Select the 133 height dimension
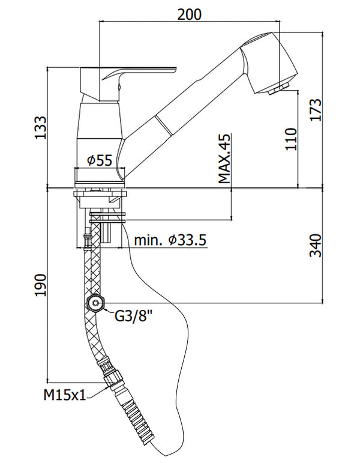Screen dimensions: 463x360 pos(40,127)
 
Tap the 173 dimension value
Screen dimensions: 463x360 pos(316,110)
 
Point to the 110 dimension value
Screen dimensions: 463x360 pos(292,139)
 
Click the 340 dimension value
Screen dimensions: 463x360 pos(316,245)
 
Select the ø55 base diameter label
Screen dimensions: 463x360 pos(100,160)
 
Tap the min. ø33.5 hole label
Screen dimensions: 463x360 pos(170,240)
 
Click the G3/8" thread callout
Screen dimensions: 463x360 pos(134,315)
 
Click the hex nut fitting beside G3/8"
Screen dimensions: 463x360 pos(95,304)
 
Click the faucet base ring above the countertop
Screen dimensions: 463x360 pos(100,175)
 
